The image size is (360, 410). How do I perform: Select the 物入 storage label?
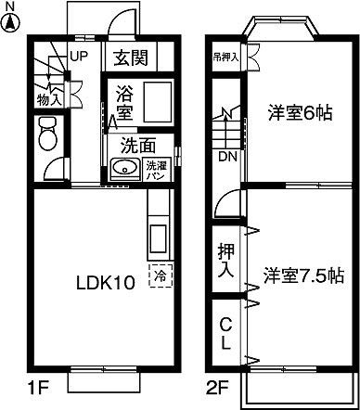(49, 96)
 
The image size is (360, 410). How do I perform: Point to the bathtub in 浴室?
(155, 100)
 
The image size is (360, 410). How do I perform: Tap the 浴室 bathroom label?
(124, 101)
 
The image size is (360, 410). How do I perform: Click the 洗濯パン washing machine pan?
(157, 171)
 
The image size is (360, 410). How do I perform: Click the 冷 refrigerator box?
(161, 275)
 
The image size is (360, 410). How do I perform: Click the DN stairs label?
(226, 157)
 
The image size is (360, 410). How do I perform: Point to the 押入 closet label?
(225, 261)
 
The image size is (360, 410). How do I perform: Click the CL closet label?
(225, 335)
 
